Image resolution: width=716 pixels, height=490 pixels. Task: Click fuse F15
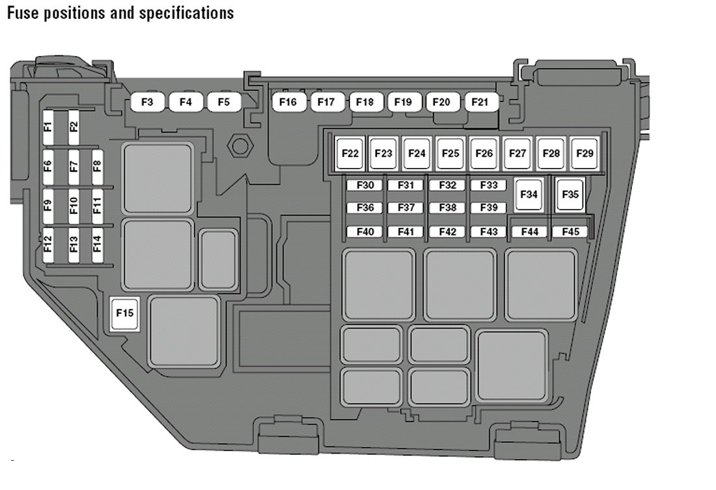124,313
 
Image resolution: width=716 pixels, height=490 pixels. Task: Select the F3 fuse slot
148,102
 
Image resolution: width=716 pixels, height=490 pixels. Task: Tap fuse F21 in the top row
480,102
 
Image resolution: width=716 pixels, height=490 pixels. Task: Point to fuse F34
529,194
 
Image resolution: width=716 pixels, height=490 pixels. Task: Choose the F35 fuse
570,194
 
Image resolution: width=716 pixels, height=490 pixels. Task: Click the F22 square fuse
350,154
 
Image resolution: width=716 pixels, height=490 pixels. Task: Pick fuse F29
585,154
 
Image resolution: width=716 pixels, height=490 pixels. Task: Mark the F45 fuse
570,232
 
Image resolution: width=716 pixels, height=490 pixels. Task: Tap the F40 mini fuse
365,232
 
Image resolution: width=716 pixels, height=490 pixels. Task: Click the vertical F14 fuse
97,244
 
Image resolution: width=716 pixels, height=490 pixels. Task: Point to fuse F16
288,102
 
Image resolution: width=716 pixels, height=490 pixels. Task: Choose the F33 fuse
488,185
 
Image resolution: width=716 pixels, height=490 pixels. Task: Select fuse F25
450,154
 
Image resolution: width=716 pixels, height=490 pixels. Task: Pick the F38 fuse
447,208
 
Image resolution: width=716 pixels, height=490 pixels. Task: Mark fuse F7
73,166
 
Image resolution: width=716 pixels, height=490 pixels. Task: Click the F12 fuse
48,244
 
